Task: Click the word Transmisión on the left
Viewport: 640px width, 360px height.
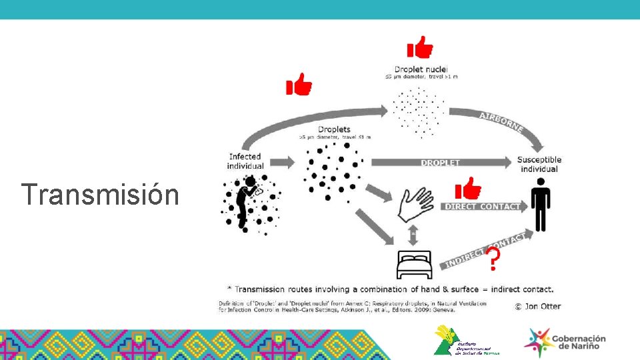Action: pos(100,195)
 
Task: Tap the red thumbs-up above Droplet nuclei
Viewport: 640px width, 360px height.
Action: pos(420,48)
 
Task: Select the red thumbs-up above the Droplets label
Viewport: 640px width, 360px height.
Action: pos(299,85)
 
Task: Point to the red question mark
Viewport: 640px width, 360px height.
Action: pos(492,259)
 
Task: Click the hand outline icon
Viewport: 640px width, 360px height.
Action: pos(416,203)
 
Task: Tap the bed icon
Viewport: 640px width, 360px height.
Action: pos(414,265)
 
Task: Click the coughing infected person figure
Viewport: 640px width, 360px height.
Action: pos(248,203)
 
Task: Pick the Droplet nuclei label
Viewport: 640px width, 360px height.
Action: pos(421,69)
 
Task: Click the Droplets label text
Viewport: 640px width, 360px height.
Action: pos(334,129)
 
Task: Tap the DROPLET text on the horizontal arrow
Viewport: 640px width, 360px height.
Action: pos(440,163)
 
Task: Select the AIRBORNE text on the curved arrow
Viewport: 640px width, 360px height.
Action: pos(501,122)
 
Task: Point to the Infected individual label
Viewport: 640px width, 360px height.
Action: pos(245,161)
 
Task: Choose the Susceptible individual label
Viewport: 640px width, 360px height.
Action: pos(539,164)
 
